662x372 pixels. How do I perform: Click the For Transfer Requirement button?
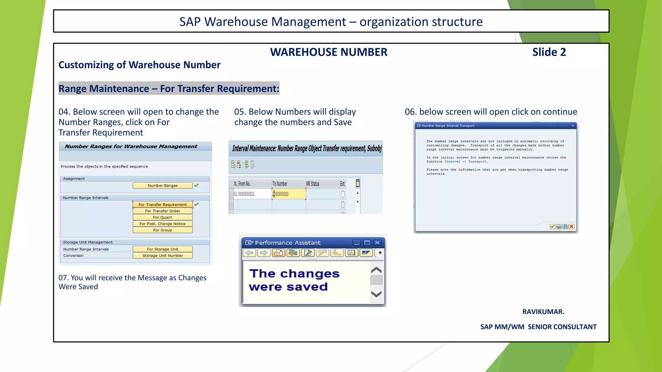163,205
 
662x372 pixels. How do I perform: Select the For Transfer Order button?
163,211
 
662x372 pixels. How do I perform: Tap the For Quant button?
163,217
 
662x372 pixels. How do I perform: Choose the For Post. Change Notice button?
163,224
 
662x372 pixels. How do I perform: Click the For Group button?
163,230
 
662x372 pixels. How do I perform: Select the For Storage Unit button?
163,249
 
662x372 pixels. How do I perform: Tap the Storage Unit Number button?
163,255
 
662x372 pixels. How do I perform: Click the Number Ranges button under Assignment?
163,186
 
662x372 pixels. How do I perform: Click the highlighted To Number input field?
289,194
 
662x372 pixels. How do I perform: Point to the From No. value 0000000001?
246,194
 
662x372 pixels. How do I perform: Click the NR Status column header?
313,184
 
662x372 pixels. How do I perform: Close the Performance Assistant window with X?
377,243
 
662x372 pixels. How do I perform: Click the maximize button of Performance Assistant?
367,243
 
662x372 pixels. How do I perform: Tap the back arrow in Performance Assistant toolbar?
249,253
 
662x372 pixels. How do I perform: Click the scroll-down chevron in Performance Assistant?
376,294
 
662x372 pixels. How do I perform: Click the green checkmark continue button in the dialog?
552,227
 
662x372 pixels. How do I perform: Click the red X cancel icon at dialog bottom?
571,227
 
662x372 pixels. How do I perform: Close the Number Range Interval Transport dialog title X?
573,126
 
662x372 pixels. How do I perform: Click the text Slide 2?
549,52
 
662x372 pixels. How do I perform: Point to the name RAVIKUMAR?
543,312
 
